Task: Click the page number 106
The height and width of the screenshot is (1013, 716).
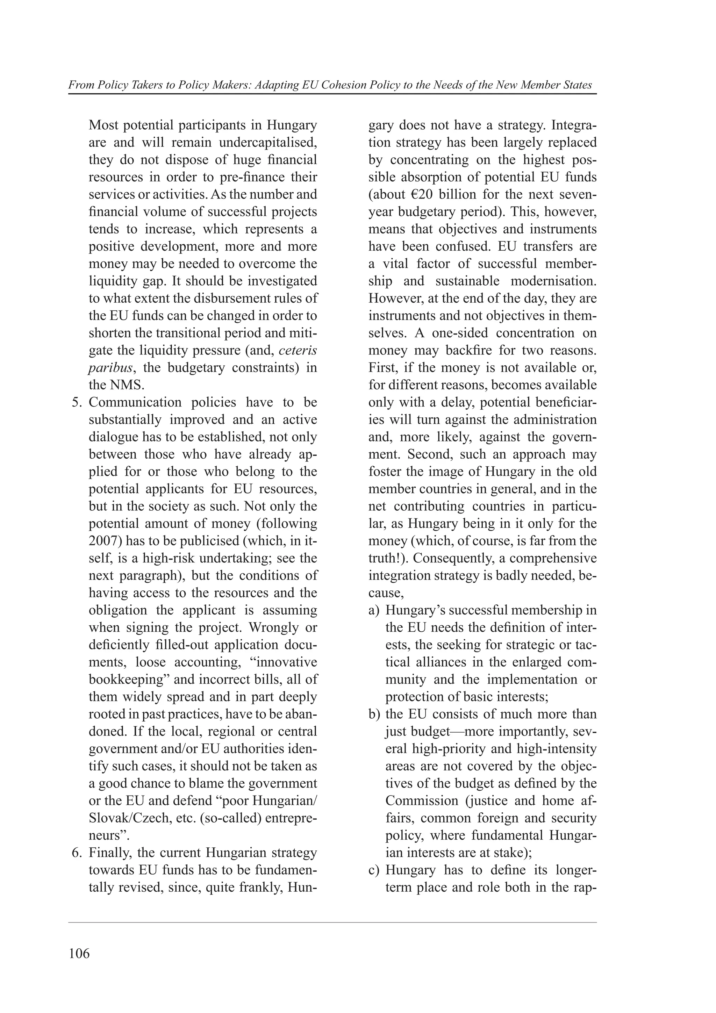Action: pyautogui.click(x=79, y=954)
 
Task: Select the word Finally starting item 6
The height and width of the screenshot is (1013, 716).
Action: pyautogui.click(x=108, y=853)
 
